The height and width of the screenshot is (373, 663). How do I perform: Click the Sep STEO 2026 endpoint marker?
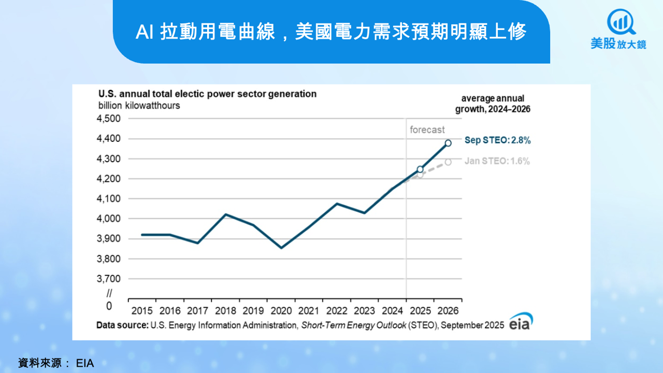tap(448, 144)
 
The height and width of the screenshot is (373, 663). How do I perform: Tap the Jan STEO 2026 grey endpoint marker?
tap(448, 162)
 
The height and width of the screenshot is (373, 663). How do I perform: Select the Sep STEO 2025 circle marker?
tap(420, 169)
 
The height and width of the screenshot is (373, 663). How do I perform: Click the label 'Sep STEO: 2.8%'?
tap(498, 140)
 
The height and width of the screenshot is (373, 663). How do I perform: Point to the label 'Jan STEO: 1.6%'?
tap(497, 161)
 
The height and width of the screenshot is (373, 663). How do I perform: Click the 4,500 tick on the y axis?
tap(109, 119)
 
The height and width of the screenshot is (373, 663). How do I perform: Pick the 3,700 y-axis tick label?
tap(109, 279)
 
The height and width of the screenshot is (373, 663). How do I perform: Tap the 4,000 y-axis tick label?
tap(109, 219)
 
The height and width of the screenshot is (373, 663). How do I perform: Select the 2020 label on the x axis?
tap(281, 311)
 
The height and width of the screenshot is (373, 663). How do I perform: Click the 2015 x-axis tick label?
tap(142, 311)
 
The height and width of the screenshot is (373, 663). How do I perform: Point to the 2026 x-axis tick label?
tap(448, 311)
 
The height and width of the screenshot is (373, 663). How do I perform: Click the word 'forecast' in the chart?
tap(427, 130)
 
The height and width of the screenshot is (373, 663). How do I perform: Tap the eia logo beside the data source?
tap(521, 321)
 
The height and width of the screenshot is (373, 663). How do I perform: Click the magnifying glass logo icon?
tap(621, 22)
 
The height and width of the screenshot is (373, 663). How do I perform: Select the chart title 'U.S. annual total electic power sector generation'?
tap(208, 94)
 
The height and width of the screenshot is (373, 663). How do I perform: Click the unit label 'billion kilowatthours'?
tap(139, 105)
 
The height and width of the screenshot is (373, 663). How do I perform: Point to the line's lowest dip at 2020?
tap(281, 248)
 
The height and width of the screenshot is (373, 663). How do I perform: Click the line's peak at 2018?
tap(225, 214)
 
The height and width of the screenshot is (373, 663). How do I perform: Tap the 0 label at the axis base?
tap(109, 306)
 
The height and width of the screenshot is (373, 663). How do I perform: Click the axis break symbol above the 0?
tap(109, 293)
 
